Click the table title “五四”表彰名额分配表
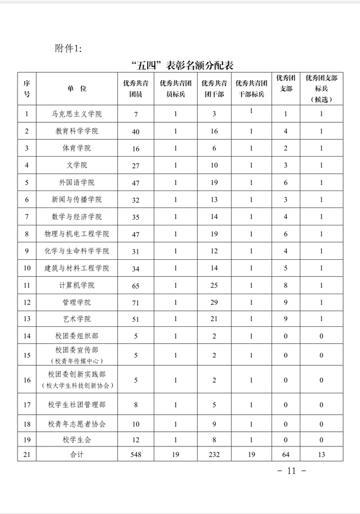(180, 64)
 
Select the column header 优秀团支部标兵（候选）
(321, 88)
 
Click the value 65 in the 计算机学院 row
(135, 285)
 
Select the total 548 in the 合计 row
(135, 454)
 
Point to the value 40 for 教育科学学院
(135, 131)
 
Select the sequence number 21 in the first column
(26, 454)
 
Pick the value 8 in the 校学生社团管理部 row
(135, 404)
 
